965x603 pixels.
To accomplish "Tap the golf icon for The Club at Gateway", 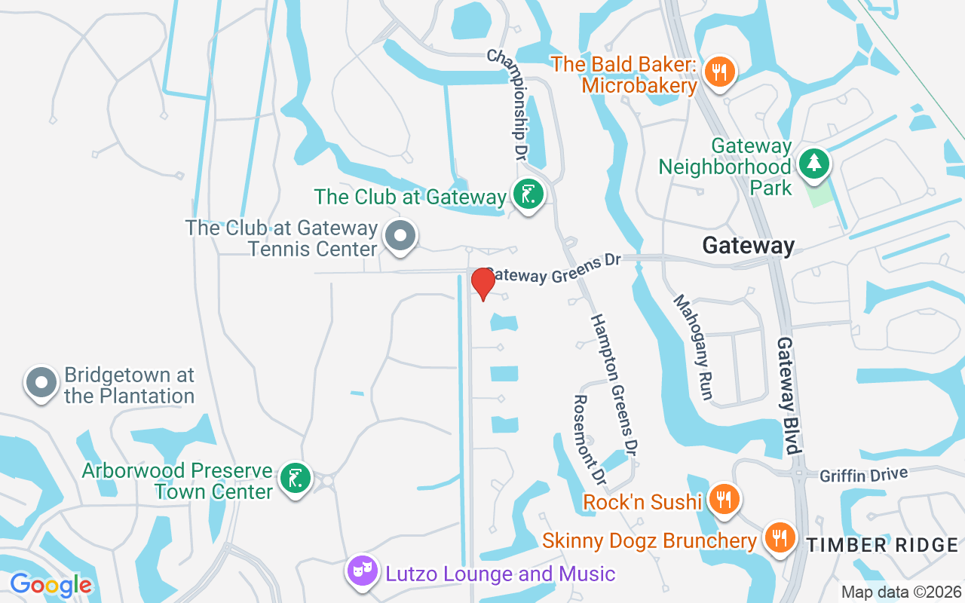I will click(x=528, y=195).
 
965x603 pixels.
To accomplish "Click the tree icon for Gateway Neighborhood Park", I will click(x=813, y=164).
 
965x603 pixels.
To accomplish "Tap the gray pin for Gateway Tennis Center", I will click(x=400, y=237).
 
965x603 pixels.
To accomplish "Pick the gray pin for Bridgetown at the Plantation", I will click(x=41, y=383).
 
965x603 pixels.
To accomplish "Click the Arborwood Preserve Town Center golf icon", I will click(x=295, y=479).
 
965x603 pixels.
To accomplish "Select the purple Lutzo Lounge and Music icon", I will click(x=362, y=571).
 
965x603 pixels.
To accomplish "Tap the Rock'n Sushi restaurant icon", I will click(x=723, y=500).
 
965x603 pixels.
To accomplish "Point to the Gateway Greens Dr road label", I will click(x=554, y=269).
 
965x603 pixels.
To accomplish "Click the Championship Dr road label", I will click(x=507, y=106).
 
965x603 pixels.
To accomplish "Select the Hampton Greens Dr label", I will click(x=614, y=384).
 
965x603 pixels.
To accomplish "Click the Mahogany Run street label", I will click(x=693, y=347).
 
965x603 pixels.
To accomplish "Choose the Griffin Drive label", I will click(x=863, y=475).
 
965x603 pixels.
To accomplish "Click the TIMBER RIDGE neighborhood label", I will click(x=882, y=545).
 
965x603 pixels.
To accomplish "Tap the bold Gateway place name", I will click(x=748, y=246).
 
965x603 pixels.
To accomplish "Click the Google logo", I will click(x=51, y=585).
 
